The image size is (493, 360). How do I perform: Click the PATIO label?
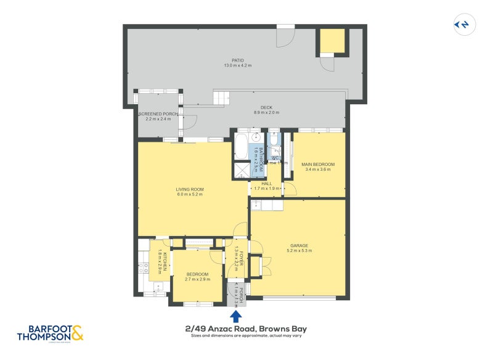(x=237, y=60)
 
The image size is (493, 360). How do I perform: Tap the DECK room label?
(x=267, y=107)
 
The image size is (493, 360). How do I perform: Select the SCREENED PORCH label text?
(x=158, y=114)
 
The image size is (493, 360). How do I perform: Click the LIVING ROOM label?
(x=190, y=189)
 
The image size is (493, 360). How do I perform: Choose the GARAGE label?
(x=299, y=245)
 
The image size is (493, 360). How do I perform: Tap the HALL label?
(x=266, y=183)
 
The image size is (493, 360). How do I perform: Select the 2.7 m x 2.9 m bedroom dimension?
(x=198, y=279)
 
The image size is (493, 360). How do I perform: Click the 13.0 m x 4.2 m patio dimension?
(x=237, y=65)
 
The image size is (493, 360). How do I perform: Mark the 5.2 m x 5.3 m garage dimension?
(x=299, y=250)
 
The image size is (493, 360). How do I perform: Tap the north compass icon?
(x=462, y=24)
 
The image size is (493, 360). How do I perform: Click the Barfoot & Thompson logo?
(x=51, y=333)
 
